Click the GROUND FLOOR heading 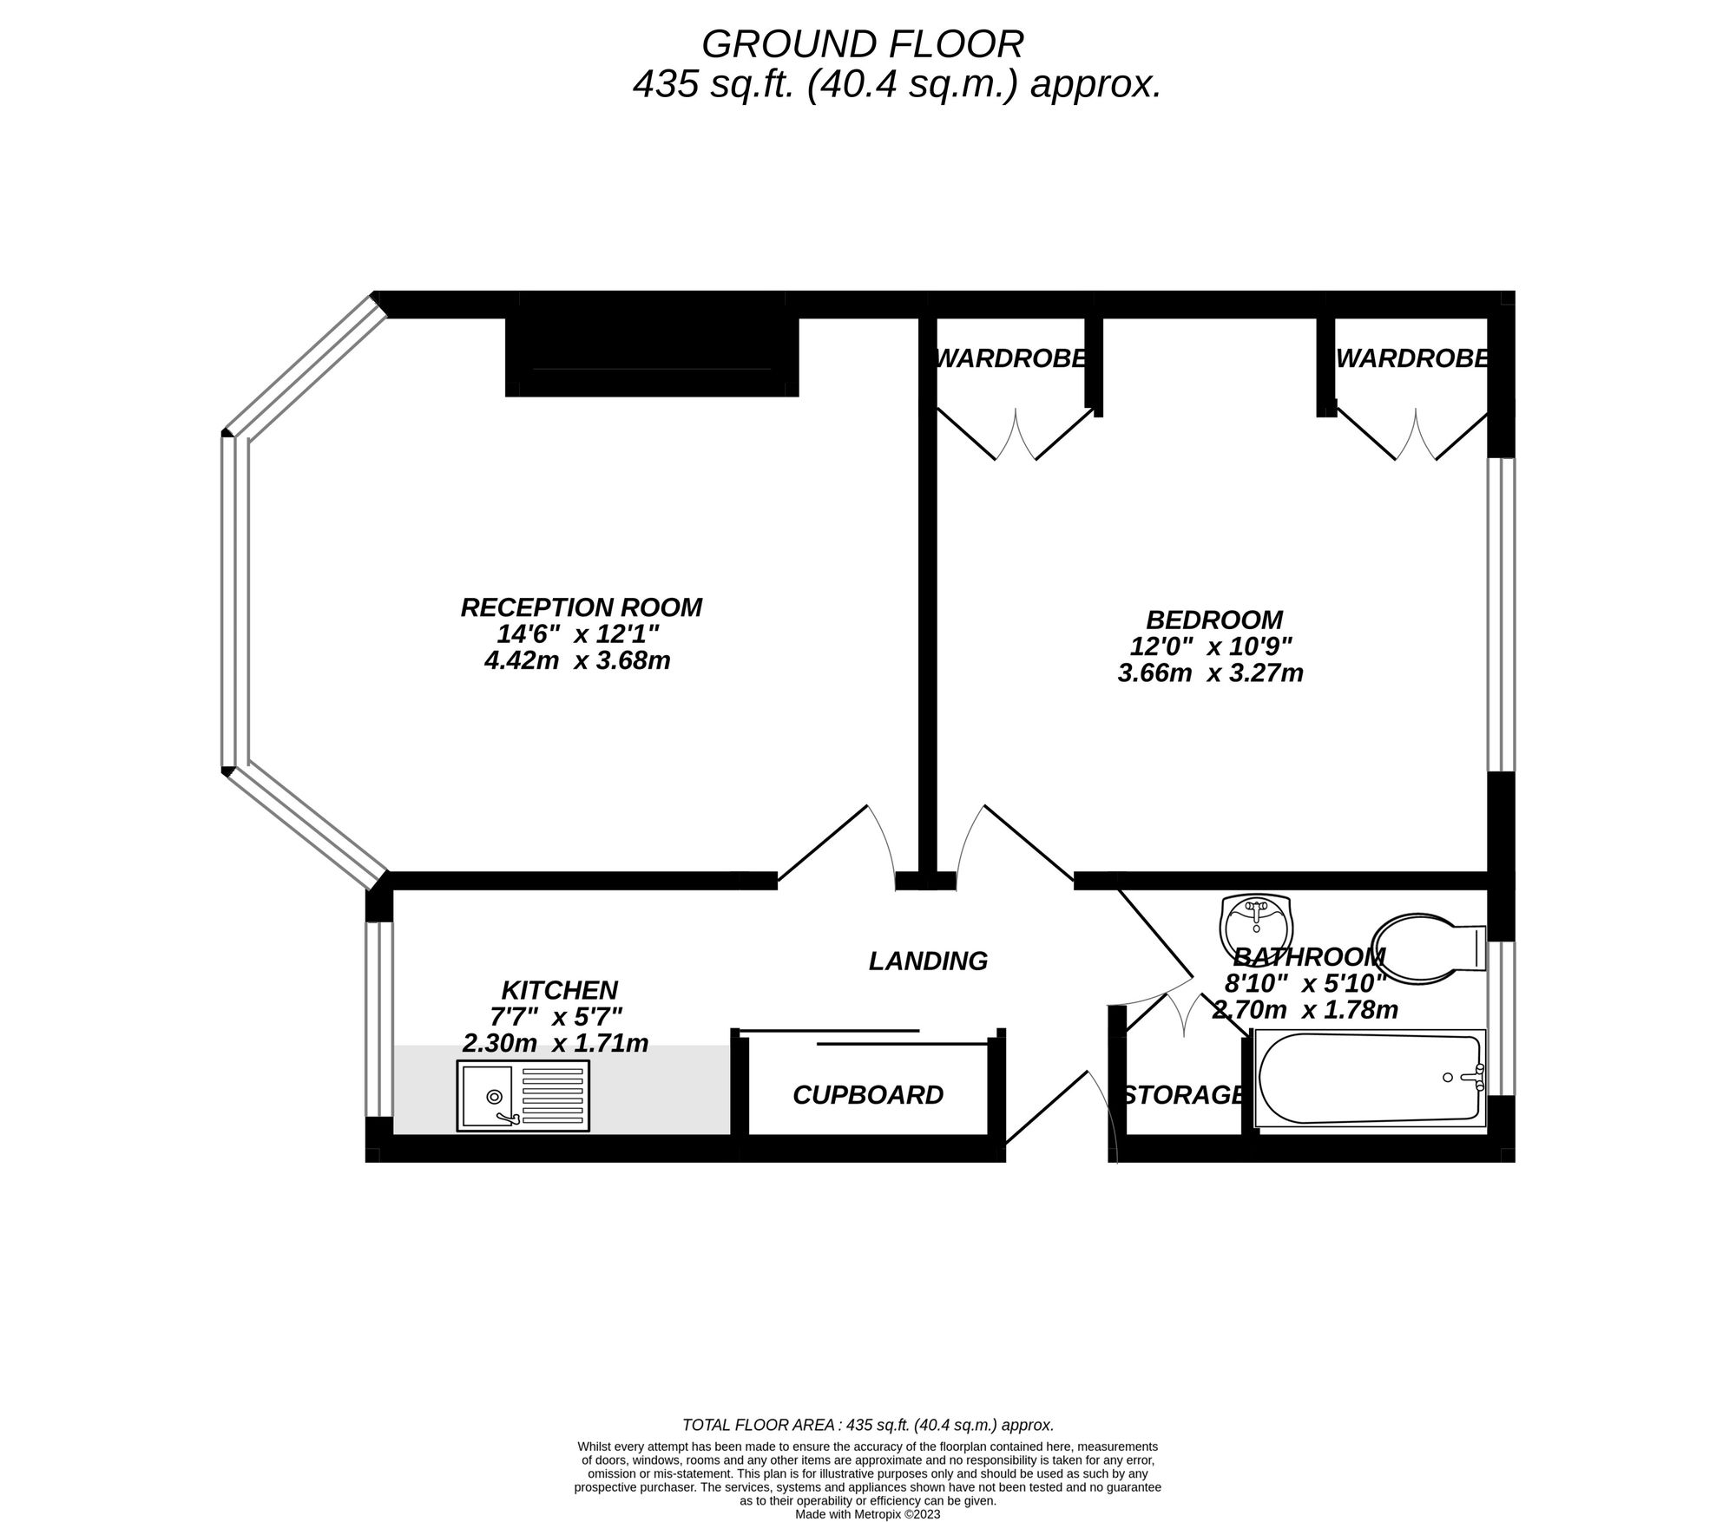pos(862,43)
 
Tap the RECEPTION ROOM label pos(581,607)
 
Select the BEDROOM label pos(1214,620)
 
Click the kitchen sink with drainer pos(523,1095)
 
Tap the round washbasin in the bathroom pos(1256,926)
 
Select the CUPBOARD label pos(868,1095)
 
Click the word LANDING pos(928,961)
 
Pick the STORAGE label pos(1184,1095)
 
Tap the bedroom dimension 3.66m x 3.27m pos(1211,672)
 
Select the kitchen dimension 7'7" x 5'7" pos(556,1015)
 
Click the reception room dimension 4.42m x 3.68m pos(577,660)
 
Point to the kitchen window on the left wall pos(379,1019)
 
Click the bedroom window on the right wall pos(1502,614)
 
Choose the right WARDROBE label pos(1413,358)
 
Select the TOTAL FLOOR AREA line pos(868,1425)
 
